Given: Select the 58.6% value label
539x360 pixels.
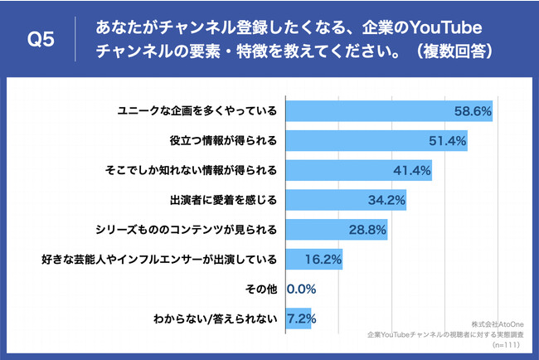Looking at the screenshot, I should click(x=473, y=109).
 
